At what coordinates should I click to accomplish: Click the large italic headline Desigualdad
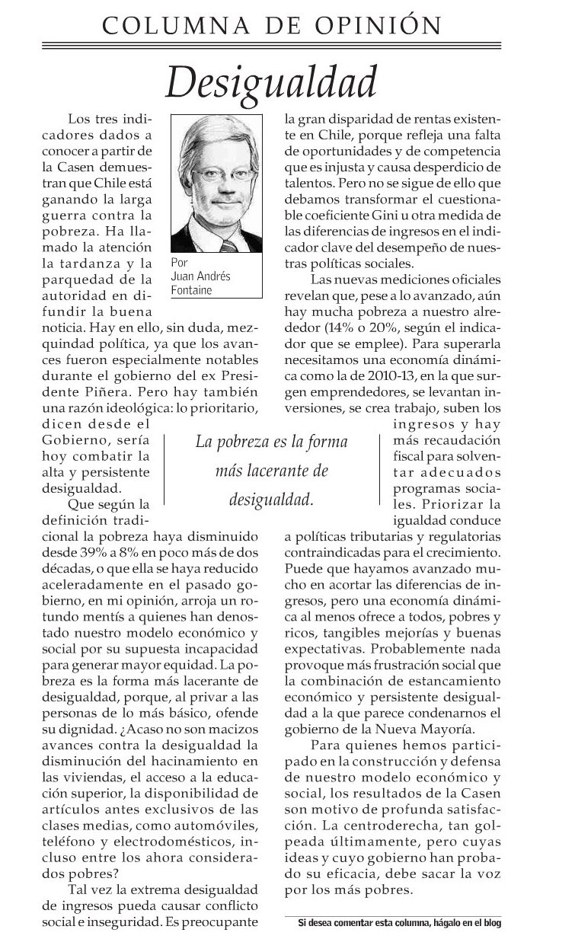273,81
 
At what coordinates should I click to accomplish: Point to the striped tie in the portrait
229,244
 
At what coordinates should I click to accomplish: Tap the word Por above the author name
180,264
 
